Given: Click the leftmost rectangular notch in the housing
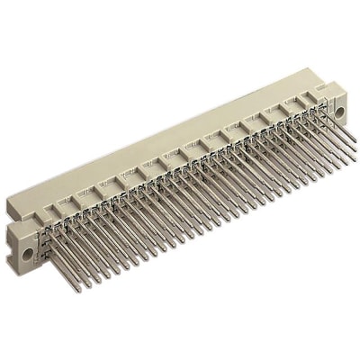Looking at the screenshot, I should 62,208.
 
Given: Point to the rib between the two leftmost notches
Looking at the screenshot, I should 73,202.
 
